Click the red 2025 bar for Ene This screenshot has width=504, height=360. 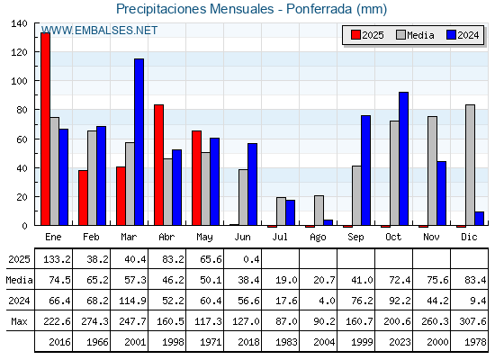point(45,129)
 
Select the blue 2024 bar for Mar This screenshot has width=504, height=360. point(139,142)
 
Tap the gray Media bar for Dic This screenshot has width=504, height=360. point(470,165)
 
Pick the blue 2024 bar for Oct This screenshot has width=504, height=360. point(403,158)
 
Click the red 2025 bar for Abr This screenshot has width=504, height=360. point(158,165)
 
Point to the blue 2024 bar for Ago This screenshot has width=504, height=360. point(328,222)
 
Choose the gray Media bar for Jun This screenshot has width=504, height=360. point(243,197)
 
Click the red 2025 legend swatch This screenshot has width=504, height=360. point(355,35)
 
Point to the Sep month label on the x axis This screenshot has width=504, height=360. point(355,237)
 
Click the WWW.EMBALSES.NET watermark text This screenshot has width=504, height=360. point(99,31)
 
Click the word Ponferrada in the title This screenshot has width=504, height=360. point(319,9)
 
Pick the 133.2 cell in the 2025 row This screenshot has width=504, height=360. point(57,259)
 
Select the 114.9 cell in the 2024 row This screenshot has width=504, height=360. point(132,301)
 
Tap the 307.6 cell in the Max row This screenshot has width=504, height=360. point(472,321)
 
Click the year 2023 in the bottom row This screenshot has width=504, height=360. point(400,342)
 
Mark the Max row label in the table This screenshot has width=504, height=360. point(19,321)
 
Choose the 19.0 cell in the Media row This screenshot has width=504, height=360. point(286,280)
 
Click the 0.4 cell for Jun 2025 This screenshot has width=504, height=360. point(251,259)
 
